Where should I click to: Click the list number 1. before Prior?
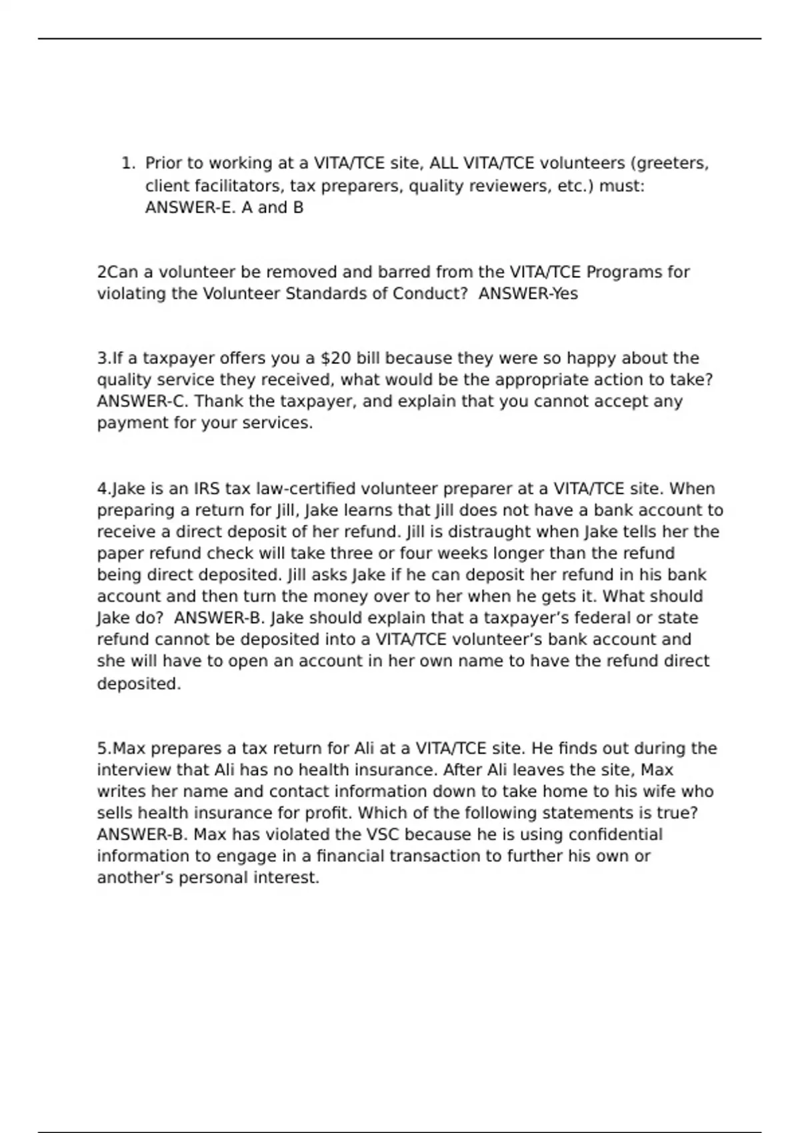coord(128,163)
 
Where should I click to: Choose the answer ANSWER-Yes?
coord(528,294)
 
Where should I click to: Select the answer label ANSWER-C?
coord(143,402)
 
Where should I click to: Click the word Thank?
coord(219,402)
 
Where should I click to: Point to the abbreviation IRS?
coord(207,489)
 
